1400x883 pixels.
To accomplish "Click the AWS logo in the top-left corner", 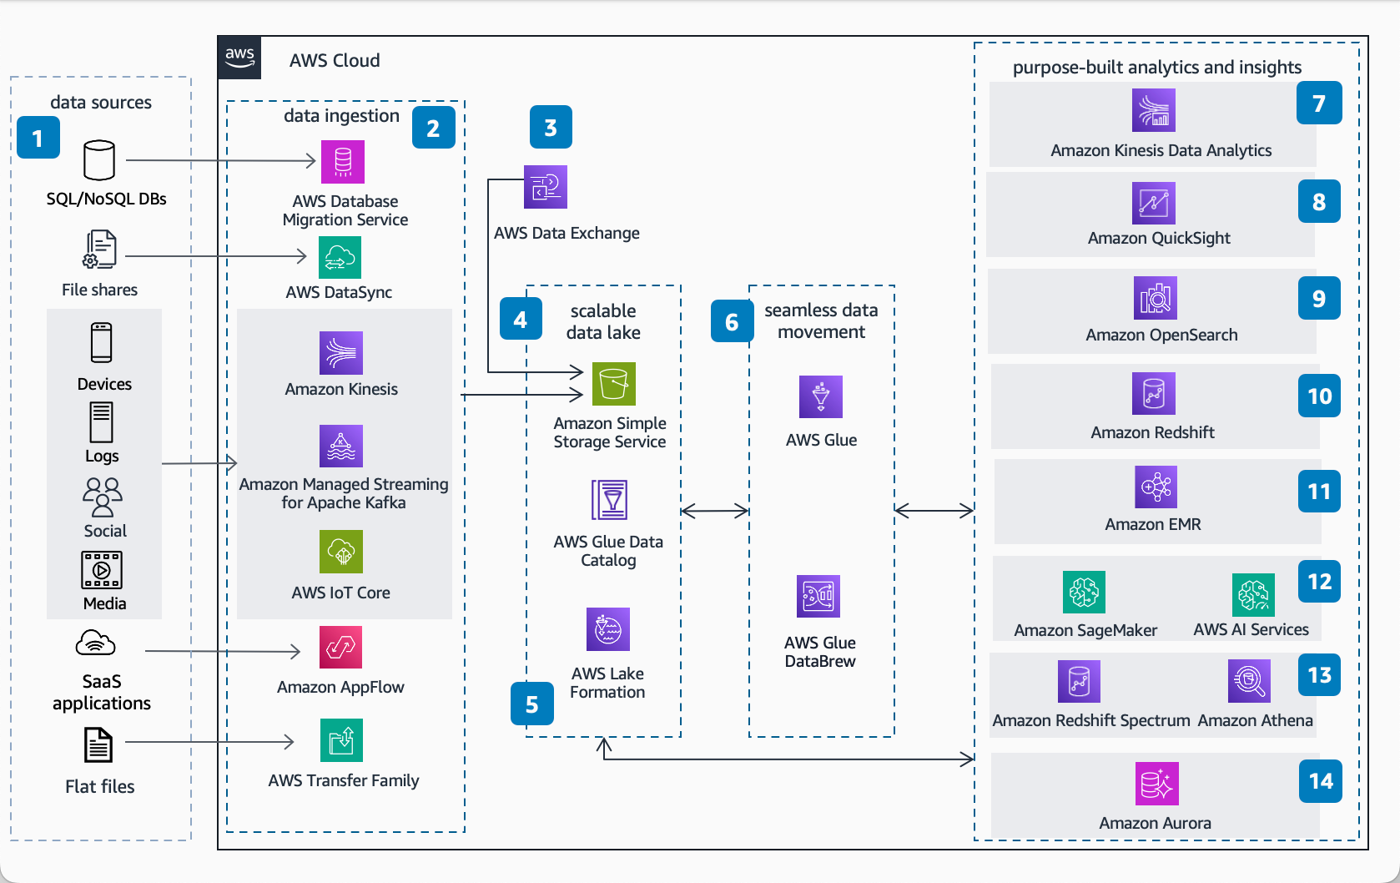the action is point(239,58).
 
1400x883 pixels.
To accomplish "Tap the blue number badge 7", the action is point(1319,103).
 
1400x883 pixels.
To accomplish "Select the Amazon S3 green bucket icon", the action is point(614,383).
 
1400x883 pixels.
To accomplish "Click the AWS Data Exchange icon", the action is point(546,186).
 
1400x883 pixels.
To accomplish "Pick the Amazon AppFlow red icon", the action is point(340,647).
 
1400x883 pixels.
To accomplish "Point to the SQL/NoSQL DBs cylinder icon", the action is point(99,160).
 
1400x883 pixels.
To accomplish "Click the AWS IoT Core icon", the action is point(341,552).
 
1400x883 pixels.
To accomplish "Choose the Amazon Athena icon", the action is point(1249,681).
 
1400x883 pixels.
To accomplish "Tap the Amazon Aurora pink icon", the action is point(1156,784).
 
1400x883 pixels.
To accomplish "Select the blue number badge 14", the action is point(1321,781).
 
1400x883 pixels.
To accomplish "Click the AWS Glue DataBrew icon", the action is point(818,596).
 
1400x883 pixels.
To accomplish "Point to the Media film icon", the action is point(102,570).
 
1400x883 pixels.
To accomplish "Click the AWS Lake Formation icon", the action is point(608,629).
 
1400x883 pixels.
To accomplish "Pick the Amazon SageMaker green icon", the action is point(1084,592).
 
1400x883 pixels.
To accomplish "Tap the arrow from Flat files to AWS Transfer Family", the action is point(209,741).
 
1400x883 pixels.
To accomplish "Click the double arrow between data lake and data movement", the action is point(714,511).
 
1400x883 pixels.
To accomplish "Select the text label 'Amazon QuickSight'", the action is point(1159,238).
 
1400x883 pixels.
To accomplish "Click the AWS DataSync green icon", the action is point(340,257).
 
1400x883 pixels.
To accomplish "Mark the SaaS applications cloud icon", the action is point(95,643).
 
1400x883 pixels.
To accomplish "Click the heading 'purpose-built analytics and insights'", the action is point(1156,67).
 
